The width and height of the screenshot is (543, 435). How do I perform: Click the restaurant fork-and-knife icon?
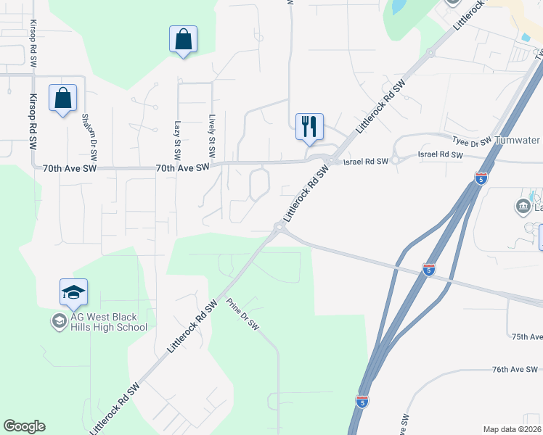tap(309, 126)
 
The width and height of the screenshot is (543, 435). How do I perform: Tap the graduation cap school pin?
tap(73, 292)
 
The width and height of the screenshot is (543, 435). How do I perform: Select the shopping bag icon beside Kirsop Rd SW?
tap(63, 98)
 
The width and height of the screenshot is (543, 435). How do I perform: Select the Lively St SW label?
tap(211, 136)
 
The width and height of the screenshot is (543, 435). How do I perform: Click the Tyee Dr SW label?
tap(471, 141)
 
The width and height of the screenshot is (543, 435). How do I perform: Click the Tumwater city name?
tap(517, 141)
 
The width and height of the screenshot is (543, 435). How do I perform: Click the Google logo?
tap(24, 426)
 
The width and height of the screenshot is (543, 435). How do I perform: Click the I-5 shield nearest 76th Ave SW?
tap(362, 401)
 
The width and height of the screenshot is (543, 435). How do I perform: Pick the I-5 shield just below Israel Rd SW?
tap(481, 178)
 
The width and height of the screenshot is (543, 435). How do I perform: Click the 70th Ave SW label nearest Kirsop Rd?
tap(69, 168)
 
